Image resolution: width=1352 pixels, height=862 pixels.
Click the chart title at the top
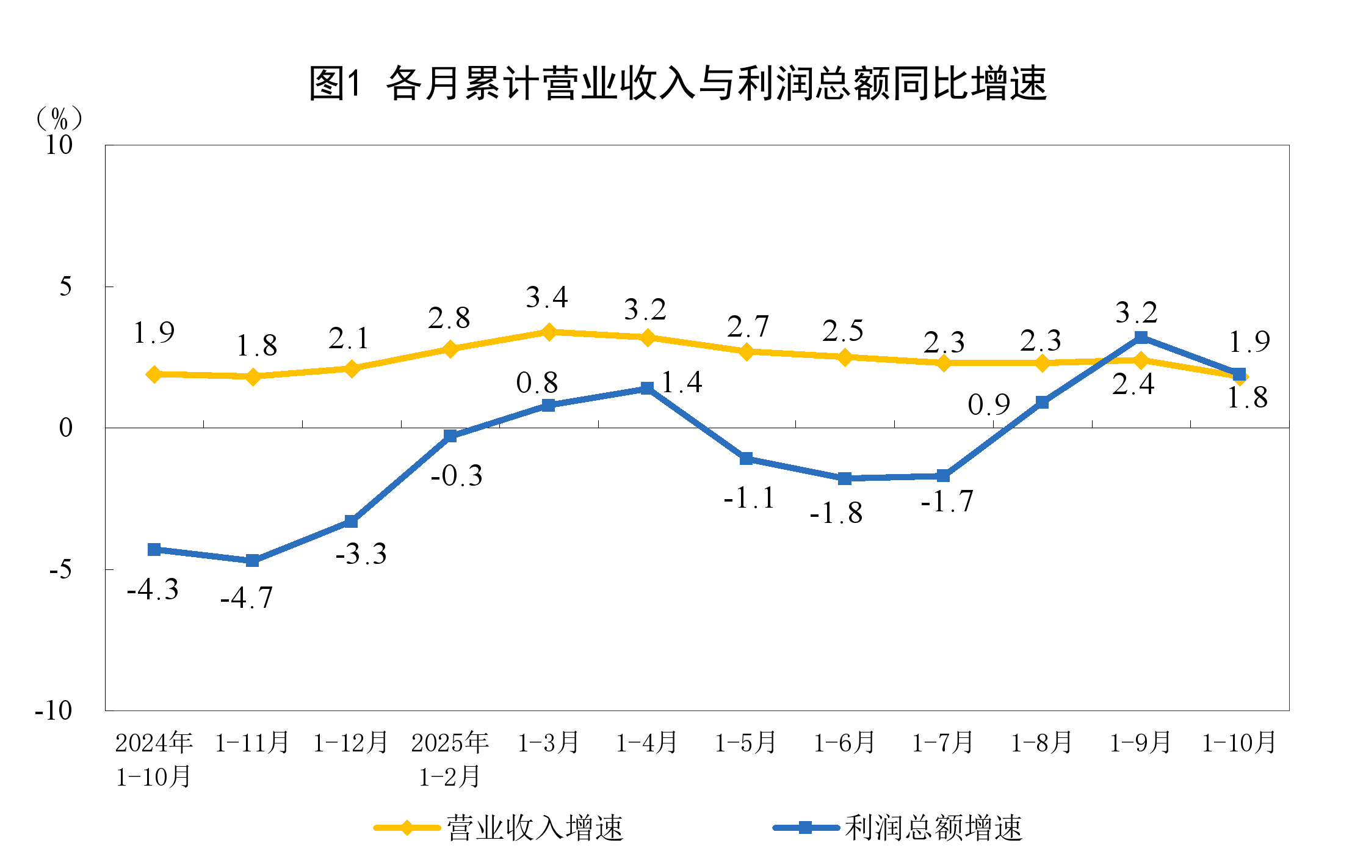tap(678, 83)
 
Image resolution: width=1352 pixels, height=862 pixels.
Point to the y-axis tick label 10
tap(59, 145)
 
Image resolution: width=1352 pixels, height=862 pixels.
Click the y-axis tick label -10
tap(54, 710)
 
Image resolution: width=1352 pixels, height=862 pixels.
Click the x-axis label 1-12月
tap(351, 743)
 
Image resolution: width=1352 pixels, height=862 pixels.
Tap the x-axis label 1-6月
tap(845, 743)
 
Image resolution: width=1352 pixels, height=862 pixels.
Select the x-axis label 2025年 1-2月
tap(450, 759)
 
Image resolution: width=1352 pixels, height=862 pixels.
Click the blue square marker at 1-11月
tap(253, 560)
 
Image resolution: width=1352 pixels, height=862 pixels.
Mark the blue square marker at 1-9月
tap(1141, 338)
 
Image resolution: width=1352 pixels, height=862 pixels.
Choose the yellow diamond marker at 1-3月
tap(549, 332)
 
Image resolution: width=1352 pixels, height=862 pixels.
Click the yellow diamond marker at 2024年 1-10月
tap(154, 374)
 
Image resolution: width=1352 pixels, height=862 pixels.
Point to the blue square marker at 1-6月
tap(845, 478)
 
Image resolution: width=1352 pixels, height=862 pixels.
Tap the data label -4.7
tap(247, 598)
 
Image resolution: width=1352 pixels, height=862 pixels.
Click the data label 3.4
tap(547, 298)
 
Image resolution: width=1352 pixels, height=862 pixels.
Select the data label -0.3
tap(457, 476)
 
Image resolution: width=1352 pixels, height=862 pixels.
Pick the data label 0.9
tap(989, 405)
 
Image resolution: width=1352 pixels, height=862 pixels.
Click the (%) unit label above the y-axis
tap(59, 119)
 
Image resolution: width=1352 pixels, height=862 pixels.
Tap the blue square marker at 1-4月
tap(648, 389)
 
